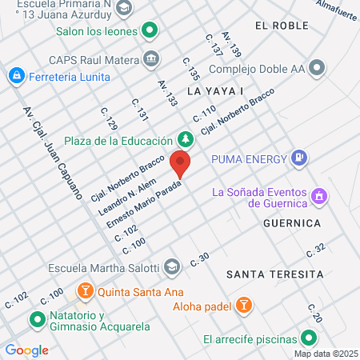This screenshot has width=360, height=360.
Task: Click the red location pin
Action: pyautogui.click(x=180, y=164)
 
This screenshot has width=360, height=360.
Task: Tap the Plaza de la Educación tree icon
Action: pyautogui.click(x=186, y=140)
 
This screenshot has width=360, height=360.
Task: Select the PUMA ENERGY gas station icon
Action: pyautogui.click(x=299, y=158)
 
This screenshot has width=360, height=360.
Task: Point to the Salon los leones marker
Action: pyautogui.click(x=150, y=32)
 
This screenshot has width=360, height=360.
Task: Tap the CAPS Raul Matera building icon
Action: pyautogui.click(x=150, y=58)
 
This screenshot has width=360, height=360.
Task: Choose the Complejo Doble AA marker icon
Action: pyautogui.click(x=316, y=67)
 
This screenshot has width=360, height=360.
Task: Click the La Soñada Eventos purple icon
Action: pyautogui.click(x=318, y=196)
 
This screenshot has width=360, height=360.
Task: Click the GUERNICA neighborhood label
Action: pyautogui.click(x=291, y=222)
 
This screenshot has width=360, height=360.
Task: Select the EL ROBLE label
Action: pyautogui.click(x=281, y=26)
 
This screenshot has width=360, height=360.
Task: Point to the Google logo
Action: pyautogui.click(x=26, y=350)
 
